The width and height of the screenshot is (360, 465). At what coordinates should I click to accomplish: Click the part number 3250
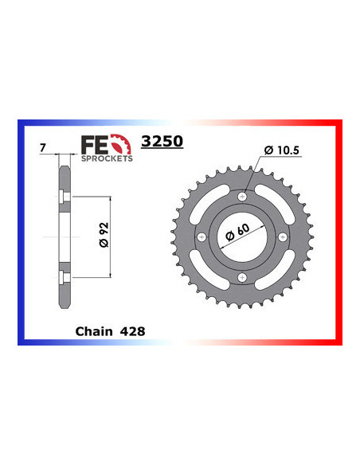[x=162, y=142]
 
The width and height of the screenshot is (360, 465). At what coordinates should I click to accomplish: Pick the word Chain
[x=96, y=328]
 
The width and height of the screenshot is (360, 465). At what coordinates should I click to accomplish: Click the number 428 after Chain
[x=132, y=328]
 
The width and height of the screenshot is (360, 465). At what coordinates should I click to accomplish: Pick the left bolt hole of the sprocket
[x=202, y=236]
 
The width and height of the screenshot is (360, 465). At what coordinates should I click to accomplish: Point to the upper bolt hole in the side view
[x=63, y=197]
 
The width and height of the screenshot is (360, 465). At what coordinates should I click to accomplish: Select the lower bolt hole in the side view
[x=63, y=276]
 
